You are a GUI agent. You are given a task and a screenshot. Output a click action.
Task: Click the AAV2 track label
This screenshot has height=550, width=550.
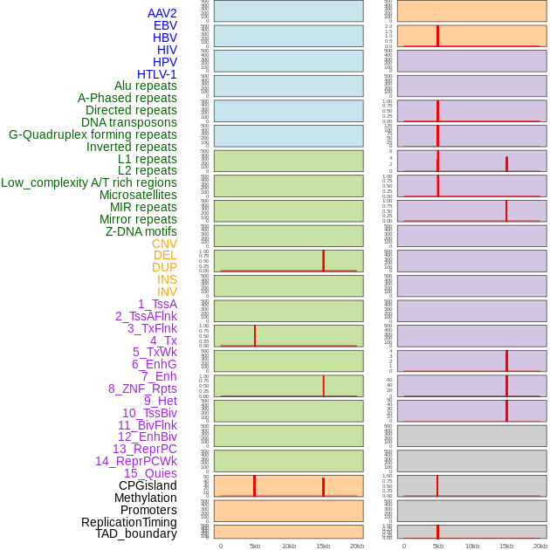click(162, 13)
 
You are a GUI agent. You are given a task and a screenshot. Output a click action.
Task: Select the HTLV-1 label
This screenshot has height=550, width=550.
click(156, 74)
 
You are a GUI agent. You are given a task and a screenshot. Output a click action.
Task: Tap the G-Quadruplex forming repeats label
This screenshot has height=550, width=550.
click(93, 134)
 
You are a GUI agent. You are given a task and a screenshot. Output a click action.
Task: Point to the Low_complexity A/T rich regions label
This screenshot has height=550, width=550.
click(88, 182)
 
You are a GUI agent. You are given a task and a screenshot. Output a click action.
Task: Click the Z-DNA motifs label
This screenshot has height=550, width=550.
click(141, 231)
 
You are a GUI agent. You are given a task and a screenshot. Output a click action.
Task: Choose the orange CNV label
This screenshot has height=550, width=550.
click(164, 244)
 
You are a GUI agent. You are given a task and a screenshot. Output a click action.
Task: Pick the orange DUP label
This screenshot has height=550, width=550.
click(164, 267)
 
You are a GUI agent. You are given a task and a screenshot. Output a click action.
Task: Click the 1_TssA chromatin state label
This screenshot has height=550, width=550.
click(157, 304)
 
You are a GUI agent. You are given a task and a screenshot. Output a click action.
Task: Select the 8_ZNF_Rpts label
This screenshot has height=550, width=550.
click(142, 388)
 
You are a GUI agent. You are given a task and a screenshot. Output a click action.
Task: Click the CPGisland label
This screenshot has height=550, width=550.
click(148, 485)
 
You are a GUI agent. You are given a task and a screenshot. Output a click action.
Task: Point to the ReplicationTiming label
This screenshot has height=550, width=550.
click(128, 522)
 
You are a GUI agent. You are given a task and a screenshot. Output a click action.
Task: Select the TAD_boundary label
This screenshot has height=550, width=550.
click(135, 533)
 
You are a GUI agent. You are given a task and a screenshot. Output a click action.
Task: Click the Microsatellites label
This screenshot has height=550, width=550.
click(138, 195)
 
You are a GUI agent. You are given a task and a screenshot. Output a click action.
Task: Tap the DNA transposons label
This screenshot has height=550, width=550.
click(129, 122)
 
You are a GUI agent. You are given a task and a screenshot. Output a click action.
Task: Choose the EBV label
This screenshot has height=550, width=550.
click(165, 25)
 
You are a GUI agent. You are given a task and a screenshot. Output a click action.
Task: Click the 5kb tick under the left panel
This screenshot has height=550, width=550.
click(255, 546)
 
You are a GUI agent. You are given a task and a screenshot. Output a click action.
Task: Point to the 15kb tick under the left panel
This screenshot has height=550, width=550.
click(323, 546)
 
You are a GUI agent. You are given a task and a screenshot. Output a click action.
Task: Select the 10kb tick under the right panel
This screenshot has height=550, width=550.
click(471, 546)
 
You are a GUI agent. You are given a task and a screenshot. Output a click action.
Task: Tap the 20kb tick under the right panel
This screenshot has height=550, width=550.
click(540, 546)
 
